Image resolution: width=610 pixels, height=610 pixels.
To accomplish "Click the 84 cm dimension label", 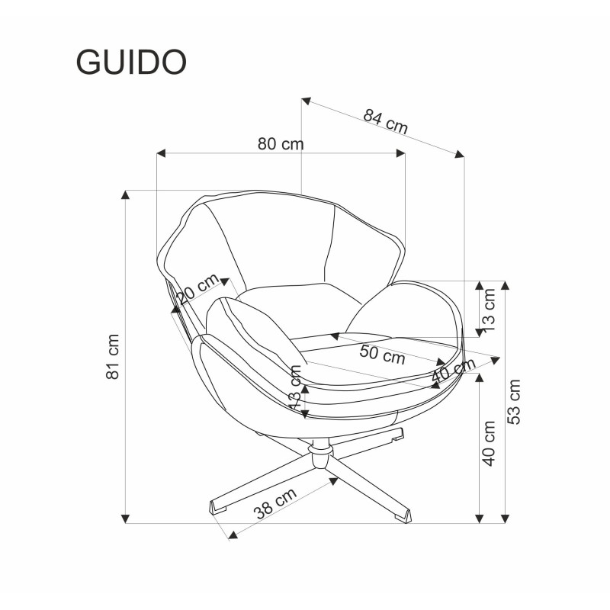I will (x=385, y=121).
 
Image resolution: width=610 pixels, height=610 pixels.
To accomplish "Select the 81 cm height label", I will (x=112, y=356).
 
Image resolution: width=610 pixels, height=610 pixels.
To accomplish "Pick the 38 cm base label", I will (x=274, y=504).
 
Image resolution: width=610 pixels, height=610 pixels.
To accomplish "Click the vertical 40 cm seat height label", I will (x=489, y=444).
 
